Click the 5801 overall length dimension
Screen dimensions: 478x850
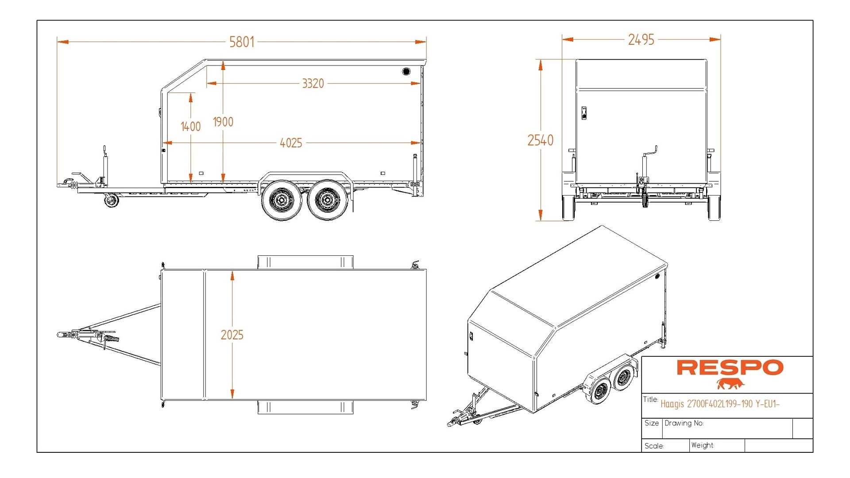242,42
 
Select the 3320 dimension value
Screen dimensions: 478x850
313,84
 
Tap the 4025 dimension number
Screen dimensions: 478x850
290,143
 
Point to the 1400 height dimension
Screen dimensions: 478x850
191,127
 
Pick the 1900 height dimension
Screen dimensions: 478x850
223,122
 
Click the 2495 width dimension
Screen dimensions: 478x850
641,40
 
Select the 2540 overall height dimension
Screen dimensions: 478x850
540,140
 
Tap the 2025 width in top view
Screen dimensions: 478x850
232,335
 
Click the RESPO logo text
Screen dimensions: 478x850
730,368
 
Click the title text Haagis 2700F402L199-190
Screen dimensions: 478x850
719,404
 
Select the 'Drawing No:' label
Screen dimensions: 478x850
684,423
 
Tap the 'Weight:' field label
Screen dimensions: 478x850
703,445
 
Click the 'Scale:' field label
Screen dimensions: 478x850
654,446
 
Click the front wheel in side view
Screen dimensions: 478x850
282,200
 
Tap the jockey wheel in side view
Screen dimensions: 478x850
111,201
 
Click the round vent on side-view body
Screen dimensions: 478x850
406,71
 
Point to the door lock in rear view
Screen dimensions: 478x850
584,113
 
